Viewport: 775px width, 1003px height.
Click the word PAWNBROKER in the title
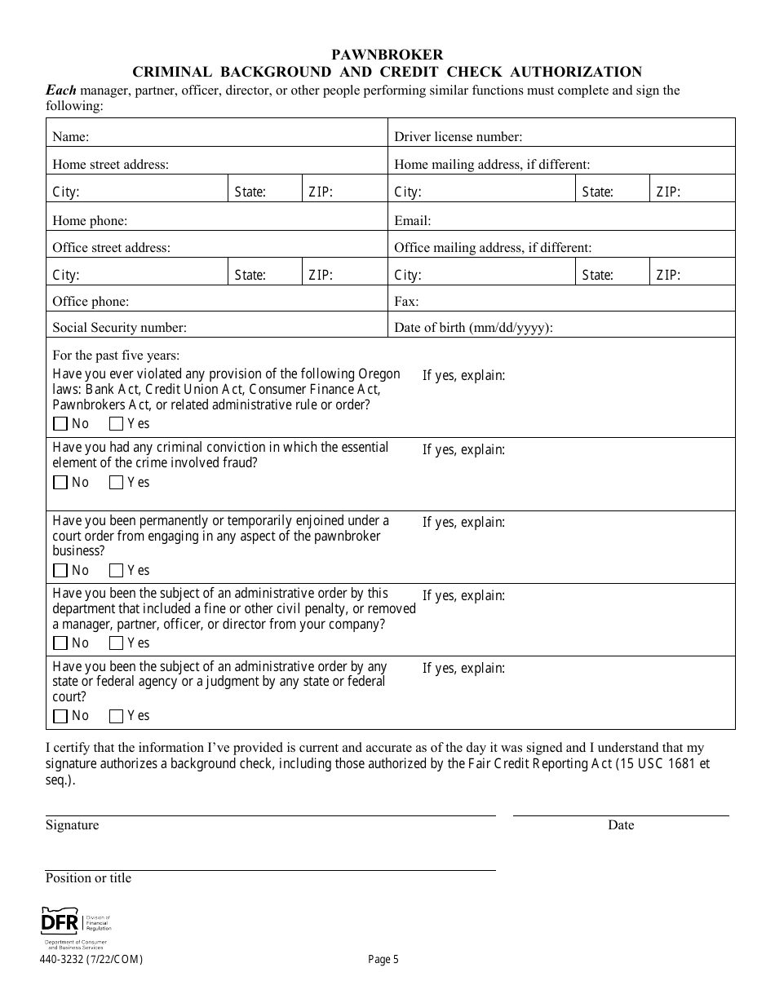click(387, 55)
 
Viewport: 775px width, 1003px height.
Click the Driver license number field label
click(458, 137)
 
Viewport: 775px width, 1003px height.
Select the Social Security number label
click(119, 328)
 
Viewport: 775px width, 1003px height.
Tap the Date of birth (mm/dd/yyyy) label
click(474, 328)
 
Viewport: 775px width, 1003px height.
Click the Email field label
click(412, 220)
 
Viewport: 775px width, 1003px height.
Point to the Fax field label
click(406, 302)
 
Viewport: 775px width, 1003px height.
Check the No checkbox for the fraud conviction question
click(60, 483)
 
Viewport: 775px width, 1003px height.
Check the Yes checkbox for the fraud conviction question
click(116, 483)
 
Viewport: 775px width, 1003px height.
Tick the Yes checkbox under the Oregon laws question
click(116, 424)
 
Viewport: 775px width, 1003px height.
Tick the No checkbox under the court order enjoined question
click(60, 571)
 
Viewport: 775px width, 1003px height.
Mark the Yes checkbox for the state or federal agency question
click(116, 716)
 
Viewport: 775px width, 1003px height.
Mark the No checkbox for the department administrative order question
click(60, 643)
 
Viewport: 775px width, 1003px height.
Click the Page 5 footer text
click(383, 960)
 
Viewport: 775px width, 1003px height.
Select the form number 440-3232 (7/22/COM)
click(91, 960)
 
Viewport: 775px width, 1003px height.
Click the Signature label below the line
click(72, 825)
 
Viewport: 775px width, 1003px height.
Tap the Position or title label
click(88, 878)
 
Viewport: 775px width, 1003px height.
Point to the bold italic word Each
click(60, 91)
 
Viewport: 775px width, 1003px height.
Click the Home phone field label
click(90, 220)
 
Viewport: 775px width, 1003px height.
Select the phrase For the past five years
click(116, 356)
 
